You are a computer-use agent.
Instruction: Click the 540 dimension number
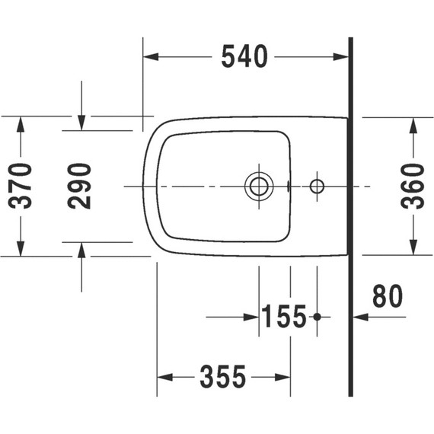click(244, 56)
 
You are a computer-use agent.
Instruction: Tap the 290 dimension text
click(80, 186)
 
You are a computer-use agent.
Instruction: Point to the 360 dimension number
click(413, 186)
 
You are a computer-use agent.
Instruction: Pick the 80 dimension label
click(386, 297)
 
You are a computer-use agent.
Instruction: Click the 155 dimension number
click(284, 316)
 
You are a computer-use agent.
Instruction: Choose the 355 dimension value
click(223, 376)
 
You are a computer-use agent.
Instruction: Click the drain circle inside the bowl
click(259, 186)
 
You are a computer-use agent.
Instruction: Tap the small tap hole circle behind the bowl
click(318, 186)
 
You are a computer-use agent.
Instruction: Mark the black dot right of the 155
click(318, 316)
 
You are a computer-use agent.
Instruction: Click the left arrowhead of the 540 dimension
click(151, 56)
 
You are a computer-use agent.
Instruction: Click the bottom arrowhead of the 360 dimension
click(413, 248)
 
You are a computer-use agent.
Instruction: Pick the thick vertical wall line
click(350, 228)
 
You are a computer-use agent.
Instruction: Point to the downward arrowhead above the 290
click(81, 123)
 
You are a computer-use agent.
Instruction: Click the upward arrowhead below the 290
click(81, 249)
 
